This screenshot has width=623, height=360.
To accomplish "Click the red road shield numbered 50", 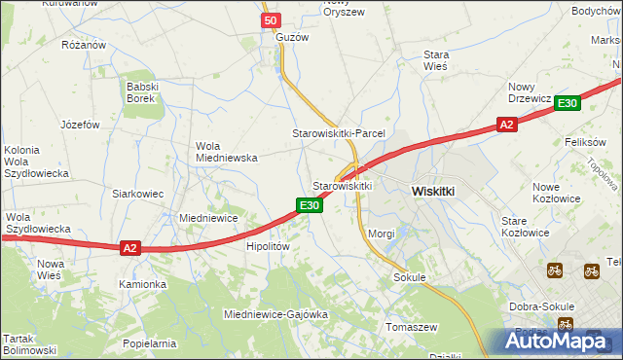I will tap(272, 20).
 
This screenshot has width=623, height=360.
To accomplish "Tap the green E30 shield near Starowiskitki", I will tap(309, 204).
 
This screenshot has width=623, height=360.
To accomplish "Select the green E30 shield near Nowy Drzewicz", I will tap(569, 104).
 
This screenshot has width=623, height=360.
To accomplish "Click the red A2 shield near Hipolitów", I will tap(130, 248).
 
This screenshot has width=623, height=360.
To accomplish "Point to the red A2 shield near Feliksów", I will tap(505, 125).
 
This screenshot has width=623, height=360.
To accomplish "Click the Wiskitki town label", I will tap(433, 192).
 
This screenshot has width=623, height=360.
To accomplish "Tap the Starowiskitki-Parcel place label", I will tap(340, 132).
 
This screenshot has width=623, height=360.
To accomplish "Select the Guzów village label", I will tap(292, 37).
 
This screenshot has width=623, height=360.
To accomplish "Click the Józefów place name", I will tap(81, 125).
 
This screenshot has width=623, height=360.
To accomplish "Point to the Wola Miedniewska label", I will tap(226, 151).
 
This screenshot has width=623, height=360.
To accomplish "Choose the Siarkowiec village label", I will tap(137, 194).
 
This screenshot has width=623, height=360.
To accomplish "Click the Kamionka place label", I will tap(143, 284).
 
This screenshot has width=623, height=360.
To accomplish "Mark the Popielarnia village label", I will tap(150, 343).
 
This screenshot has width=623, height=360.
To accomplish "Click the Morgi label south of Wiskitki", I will tap(382, 234).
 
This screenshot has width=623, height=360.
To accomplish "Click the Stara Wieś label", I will tap(435, 60).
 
